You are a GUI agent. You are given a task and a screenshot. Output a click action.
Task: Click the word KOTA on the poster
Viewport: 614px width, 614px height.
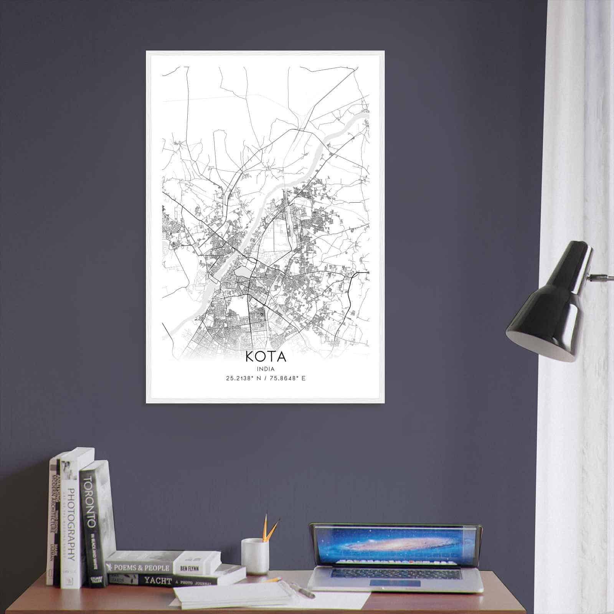[266, 357]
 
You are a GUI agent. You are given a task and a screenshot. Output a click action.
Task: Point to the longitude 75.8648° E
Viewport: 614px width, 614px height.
[287, 378]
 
